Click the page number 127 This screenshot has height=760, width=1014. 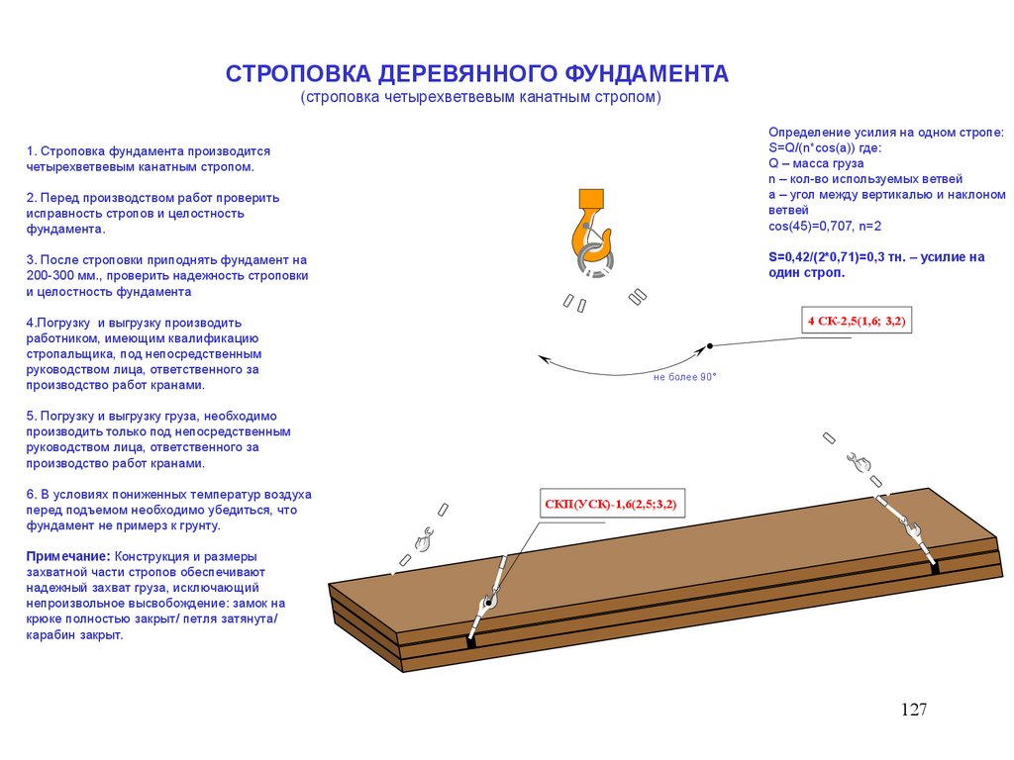913,710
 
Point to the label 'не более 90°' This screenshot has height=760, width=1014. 684,377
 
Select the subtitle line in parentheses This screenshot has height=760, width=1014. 480,98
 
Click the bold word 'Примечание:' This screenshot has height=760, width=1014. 67,556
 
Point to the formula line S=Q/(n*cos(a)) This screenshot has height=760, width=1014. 826,147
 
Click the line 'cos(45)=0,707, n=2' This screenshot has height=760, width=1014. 825,226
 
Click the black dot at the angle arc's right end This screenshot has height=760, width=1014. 710,345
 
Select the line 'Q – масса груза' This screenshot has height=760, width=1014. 816,163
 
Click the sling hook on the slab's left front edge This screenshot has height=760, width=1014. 488,602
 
